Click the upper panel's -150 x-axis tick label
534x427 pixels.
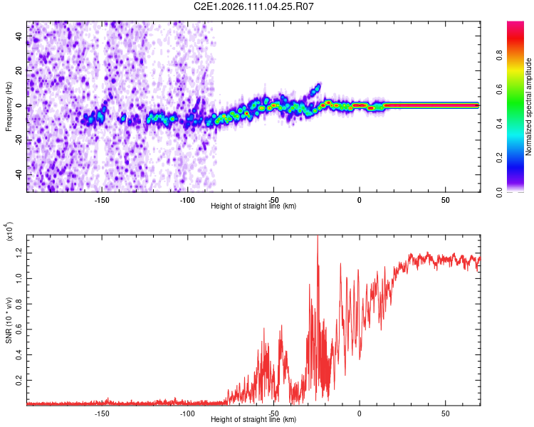point(101,199)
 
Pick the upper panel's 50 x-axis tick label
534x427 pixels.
point(445,199)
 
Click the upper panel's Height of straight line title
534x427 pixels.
point(253,206)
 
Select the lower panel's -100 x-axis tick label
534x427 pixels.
point(187,413)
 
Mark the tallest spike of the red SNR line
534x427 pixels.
point(317,238)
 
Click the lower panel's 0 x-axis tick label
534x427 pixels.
point(359,413)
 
